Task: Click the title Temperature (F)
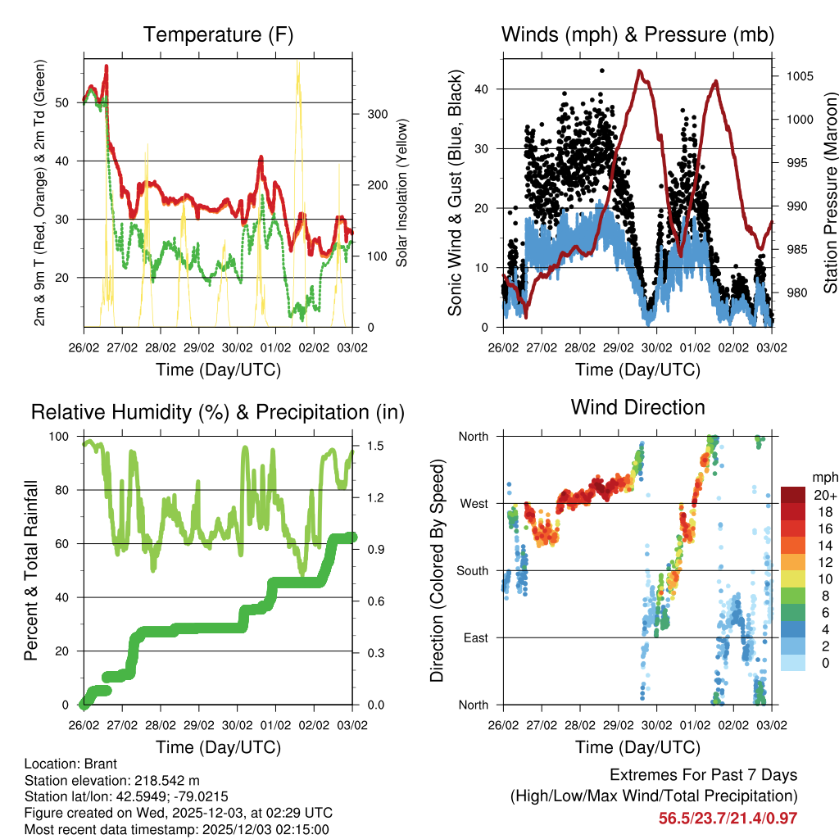tap(218, 34)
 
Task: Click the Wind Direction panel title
tap(637, 407)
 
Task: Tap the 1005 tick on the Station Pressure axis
tap(799, 76)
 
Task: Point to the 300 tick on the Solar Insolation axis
tap(376, 114)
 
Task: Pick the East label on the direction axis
tap(474, 637)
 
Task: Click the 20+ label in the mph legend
tap(825, 495)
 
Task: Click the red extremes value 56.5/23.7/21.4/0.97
tap(728, 818)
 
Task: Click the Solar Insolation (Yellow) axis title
tap(402, 193)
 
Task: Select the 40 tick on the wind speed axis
tap(483, 88)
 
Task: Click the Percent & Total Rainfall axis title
tap(32, 570)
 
